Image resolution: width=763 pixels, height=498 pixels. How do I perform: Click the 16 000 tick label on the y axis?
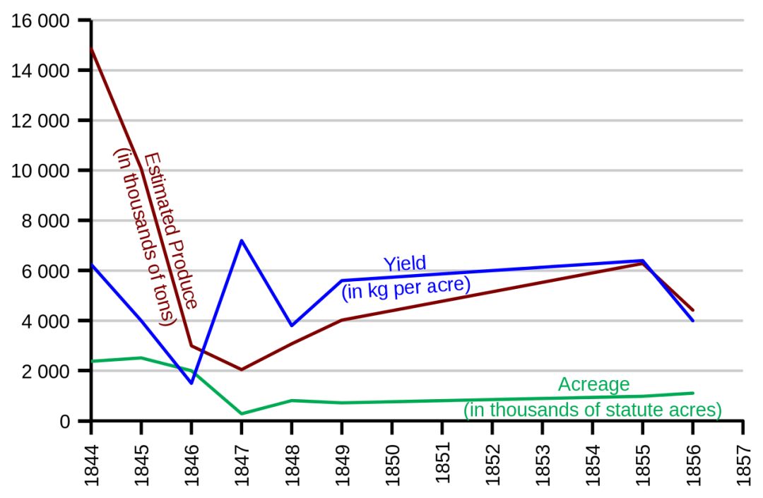tap(41, 21)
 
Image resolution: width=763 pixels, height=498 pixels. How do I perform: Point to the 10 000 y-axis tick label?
tap(41, 171)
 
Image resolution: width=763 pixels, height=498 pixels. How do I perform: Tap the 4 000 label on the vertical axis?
tap(46, 321)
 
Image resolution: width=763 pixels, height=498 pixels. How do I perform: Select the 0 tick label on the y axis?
tap(65, 422)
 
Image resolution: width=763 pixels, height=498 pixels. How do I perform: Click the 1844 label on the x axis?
tap(92, 460)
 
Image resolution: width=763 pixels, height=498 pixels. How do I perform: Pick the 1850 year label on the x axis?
tap(392, 460)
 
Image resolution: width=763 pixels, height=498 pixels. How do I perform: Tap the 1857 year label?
tap(743, 460)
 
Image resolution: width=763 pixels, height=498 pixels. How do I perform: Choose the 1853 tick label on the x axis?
tap(543, 460)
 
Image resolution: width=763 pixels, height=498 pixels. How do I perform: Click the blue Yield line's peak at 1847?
tap(242, 241)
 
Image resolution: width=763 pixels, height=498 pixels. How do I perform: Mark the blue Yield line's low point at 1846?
tap(191, 384)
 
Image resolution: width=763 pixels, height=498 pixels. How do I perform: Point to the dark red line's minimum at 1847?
tap(242, 369)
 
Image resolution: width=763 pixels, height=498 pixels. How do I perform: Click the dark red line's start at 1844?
tap(92, 49)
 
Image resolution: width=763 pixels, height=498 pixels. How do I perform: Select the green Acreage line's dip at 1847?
tap(242, 414)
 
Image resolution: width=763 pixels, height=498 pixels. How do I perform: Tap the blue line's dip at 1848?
tap(292, 326)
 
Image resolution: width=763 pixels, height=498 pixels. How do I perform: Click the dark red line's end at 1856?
tap(693, 310)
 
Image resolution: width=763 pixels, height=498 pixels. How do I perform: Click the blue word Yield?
tap(405, 264)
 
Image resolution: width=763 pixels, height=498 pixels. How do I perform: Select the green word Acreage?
tap(593, 385)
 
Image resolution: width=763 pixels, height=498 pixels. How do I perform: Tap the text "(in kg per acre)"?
tap(406, 287)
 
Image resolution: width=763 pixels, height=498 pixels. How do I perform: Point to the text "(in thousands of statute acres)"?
tap(592, 410)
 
